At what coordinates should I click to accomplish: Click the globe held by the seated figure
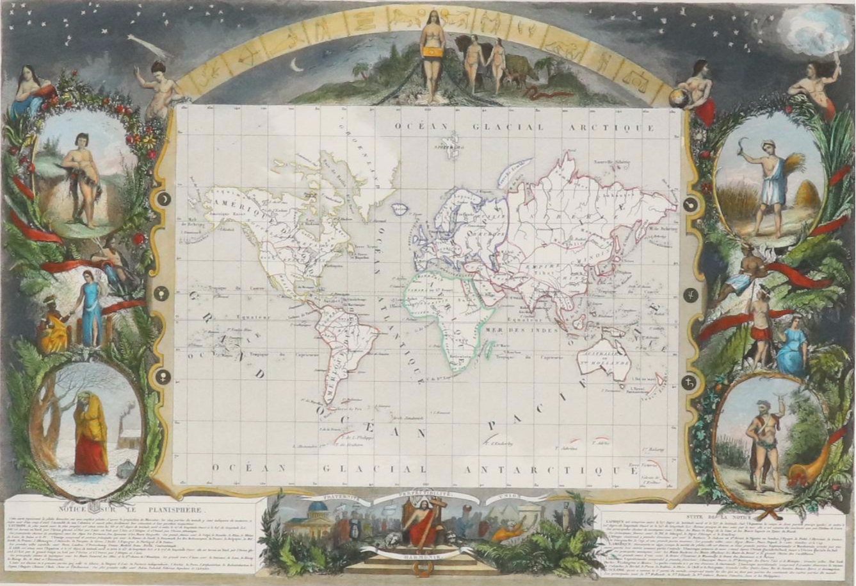coord(677,98)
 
